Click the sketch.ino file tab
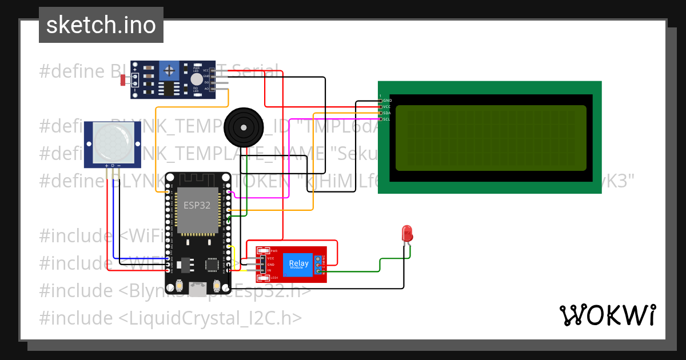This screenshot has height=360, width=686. (x=101, y=25)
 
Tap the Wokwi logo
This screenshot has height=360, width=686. (x=607, y=315)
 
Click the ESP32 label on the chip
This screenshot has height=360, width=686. (x=197, y=205)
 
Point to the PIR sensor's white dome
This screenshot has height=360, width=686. (x=113, y=141)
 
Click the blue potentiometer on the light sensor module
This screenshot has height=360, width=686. (x=169, y=71)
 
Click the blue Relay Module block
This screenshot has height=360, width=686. (x=298, y=264)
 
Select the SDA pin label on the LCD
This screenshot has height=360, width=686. (x=387, y=113)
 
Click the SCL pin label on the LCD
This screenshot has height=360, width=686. (x=387, y=119)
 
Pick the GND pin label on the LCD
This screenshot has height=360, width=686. (x=387, y=101)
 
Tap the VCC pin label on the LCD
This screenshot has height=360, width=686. (x=387, y=107)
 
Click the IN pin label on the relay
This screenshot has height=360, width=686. (x=269, y=271)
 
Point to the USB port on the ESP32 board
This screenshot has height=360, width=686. (x=198, y=290)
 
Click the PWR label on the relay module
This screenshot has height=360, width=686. (x=274, y=251)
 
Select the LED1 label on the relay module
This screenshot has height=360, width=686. (x=274, y=278)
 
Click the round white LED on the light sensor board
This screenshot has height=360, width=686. (x=197, y=79)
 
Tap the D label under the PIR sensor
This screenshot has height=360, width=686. (x=113, y=165)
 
